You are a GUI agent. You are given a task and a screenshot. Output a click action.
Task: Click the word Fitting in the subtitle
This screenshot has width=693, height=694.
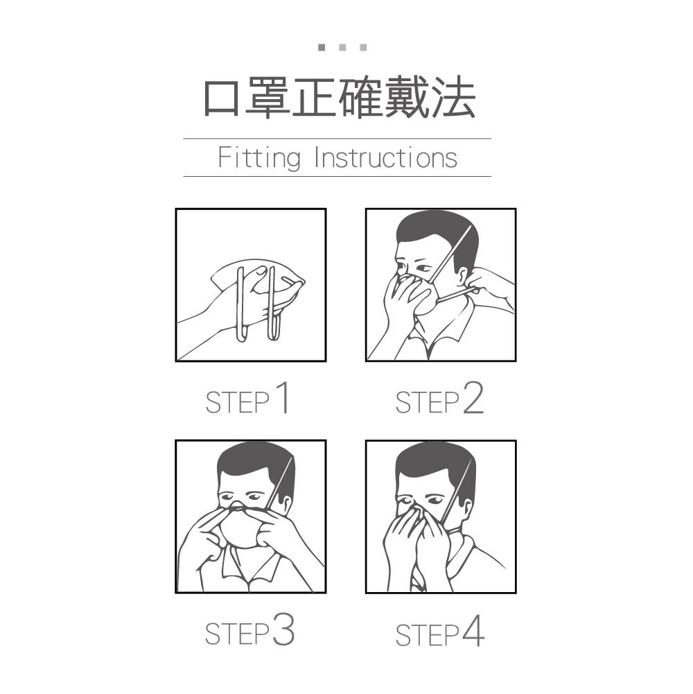[x=259, y=159]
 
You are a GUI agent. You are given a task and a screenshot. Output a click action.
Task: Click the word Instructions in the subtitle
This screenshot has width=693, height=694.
[x=385, y=157]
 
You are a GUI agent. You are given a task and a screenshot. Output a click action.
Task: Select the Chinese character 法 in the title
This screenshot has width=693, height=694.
[x=454, y=97]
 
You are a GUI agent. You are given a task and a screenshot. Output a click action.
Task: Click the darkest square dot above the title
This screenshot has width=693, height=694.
[x=322, y=47]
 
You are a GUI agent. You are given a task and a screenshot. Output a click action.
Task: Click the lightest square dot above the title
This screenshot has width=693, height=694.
[x=363, y=47]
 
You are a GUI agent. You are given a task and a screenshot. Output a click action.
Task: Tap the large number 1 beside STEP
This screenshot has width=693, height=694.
[x=283, y=397]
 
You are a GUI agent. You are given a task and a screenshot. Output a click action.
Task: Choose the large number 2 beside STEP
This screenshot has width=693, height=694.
[x=473, y=398]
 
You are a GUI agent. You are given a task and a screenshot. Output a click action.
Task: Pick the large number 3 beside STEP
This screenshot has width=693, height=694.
[x=283, y=629]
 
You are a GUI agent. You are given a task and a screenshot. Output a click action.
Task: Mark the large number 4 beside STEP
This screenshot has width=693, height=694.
[x=473, y=630]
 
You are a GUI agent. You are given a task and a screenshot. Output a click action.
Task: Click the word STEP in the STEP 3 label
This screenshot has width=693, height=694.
[x=237, y=634]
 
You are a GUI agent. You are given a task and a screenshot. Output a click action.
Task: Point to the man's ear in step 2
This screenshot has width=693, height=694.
[x=464, y=276]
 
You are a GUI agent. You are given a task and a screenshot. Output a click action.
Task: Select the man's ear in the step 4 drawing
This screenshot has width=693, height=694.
[x=465, y=510]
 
